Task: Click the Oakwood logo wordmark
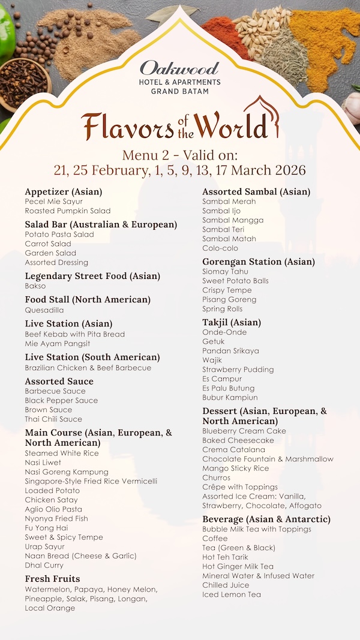[179, 68]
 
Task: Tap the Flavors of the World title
[180, 125]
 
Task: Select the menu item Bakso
[35, 286]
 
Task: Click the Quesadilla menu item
[44, 310]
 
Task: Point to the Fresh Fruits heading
[52, 579]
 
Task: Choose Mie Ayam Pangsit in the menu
[58, 344]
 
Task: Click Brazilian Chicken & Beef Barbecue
[88, 368]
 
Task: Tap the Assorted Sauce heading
[59, 381]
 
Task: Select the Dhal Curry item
[44, 565]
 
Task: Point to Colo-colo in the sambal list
[220, 248]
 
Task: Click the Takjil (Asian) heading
[232, 323]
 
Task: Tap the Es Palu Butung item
[229, 388]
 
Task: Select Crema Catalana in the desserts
[233, 449]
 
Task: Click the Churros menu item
[216, 477]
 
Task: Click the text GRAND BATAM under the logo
[179, 91]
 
